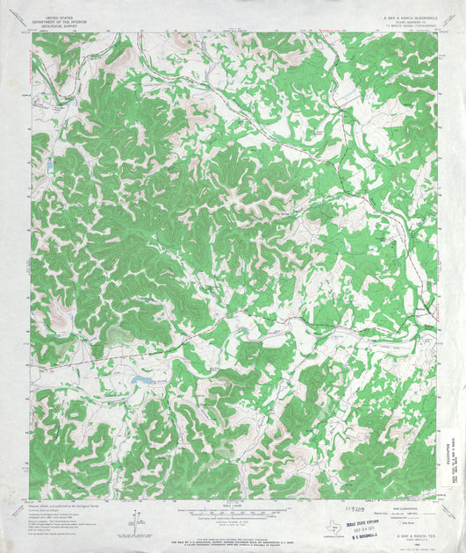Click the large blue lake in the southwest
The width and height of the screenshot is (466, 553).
pos(141,378)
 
